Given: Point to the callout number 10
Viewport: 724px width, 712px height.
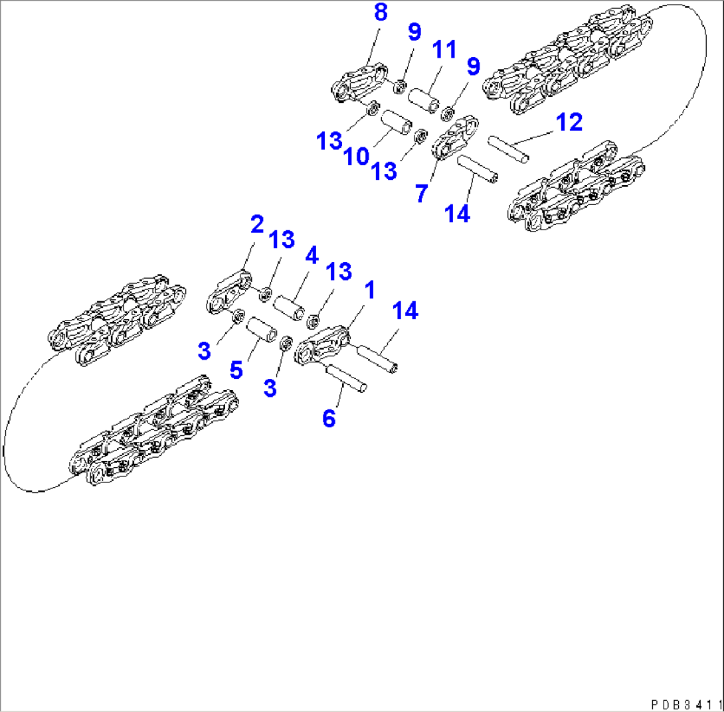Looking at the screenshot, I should [x=356, y=157].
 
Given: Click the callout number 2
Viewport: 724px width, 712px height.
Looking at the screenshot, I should [x=256, y=225].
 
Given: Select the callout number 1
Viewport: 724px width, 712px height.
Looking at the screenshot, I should [x=369, y=289].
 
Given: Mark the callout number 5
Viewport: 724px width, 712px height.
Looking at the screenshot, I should [x=236, y=370].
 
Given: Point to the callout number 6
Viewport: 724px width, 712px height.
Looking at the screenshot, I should [x=329, y=418].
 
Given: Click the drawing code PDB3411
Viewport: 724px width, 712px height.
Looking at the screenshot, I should [x=687, y=702].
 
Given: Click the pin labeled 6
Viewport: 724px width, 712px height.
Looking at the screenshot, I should [x=345, y=378].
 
